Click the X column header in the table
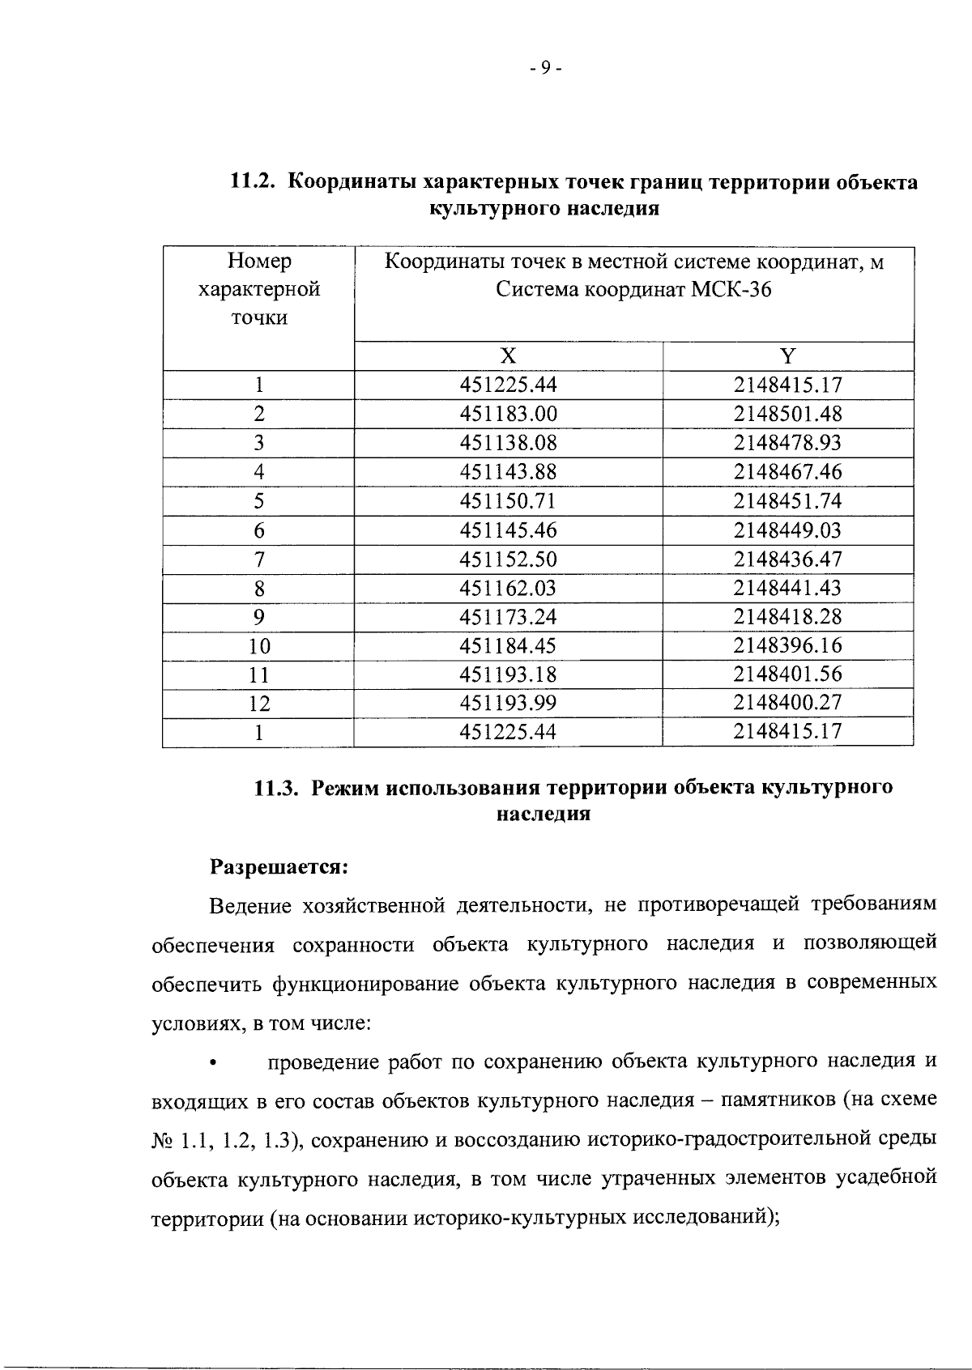tap(508, 356)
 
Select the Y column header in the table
tap(787, 356)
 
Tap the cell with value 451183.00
tap(508, 415)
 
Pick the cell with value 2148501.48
tap(787, 415)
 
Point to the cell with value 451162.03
tap(508, 589)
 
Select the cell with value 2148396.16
tap(787, 646)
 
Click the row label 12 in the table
tap(258, 704)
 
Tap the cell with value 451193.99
tap(508, 704)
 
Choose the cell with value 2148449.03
tap(787, 531)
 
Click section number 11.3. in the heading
tap(278, 788)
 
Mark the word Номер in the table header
tap(259, 262)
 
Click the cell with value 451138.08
tap(508, 444)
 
